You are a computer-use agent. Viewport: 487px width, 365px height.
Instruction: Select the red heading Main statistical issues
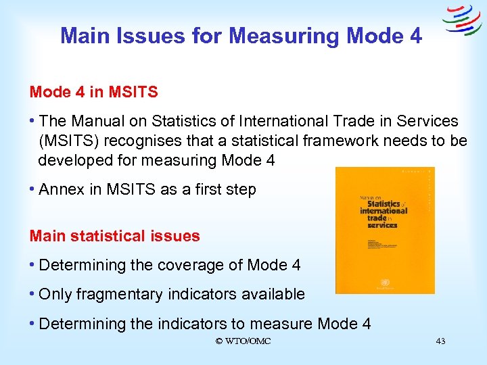coord(115,236)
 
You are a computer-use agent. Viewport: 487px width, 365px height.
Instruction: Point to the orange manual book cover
coord(385,230)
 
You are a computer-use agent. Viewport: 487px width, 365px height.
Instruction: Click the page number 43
coord(440,341)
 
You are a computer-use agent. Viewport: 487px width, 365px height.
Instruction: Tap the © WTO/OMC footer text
coord(243,341)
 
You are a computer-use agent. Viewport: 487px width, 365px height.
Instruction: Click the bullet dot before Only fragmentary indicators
coord(32,295)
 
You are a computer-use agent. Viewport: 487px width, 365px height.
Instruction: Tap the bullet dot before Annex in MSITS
coord(32,190)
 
